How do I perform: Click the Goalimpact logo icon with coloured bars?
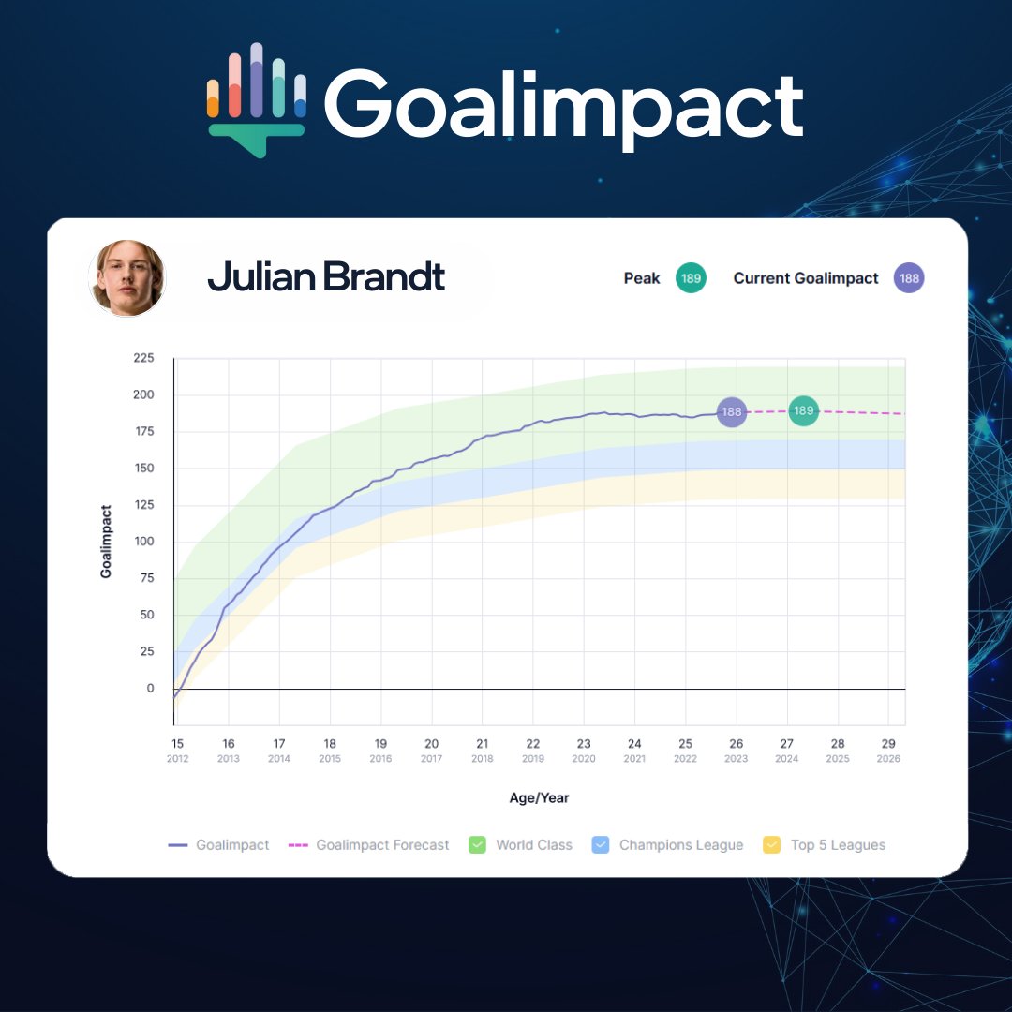(x=256, y=100)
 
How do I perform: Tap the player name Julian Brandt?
(x=326, y=276)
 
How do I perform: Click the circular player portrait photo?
(x=127, y=278)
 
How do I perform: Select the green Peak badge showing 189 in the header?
(x=691, y=278)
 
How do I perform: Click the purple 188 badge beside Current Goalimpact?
(x=909, y=278)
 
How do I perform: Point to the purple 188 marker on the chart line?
(x=731, y=411)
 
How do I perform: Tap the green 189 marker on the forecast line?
(x=804, y=410)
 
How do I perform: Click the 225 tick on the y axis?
(x=144, y=358)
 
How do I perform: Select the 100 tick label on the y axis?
(x=144, y=542)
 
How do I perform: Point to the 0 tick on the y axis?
(x=150, y=688)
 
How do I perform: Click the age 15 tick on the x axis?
(x=177, y=743)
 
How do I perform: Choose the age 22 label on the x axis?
(x=533, y=743)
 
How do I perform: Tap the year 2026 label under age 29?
(x=888, y=759)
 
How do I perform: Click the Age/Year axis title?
(x=539, y=797)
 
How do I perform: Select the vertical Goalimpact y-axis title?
(x=106, y=542)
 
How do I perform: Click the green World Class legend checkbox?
(x=477, y=845)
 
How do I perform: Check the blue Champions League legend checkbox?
(x=601, y=845)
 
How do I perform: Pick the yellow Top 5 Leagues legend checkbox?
(x=771, y=845)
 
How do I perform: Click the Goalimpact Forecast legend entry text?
(x=382, y=845)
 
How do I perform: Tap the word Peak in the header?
(x=642, y=278)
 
